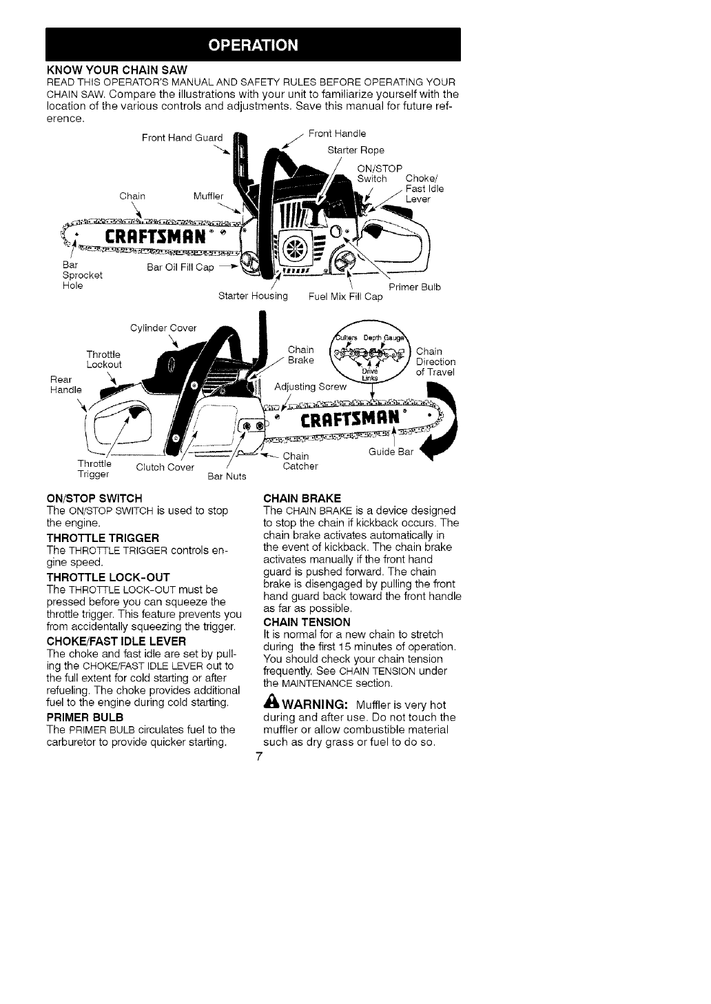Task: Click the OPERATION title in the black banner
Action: pos(253,46)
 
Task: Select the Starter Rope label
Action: pos(355,150)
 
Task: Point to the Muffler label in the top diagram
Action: pos(209,196)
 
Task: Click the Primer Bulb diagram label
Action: pos(415,287)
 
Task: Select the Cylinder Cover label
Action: pos(163,327)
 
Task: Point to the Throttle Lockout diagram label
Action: pos(104,359)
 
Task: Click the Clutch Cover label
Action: pos(165,468)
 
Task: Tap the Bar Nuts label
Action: pos(227,476)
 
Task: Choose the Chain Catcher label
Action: pos(301,461)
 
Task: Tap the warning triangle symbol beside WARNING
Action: pos(271,704)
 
